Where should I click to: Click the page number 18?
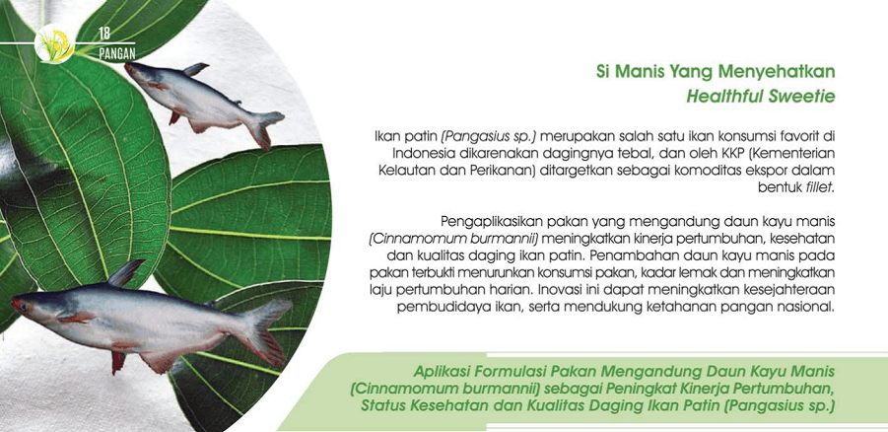pos(104,34)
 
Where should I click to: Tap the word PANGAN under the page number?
pos(116,54)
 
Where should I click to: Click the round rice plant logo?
pos(54,43)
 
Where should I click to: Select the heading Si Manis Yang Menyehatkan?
pos(716,73)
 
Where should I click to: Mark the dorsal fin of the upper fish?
pos(196,69)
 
